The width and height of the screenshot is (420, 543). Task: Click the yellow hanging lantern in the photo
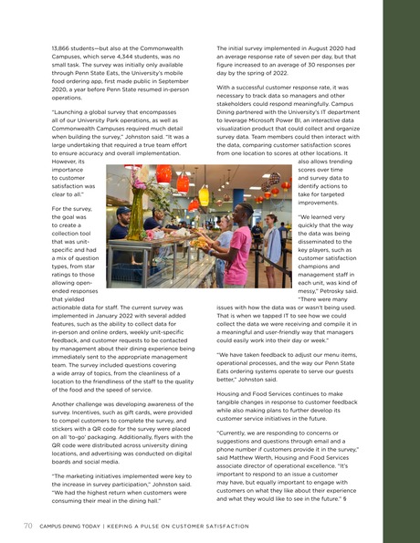204,195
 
